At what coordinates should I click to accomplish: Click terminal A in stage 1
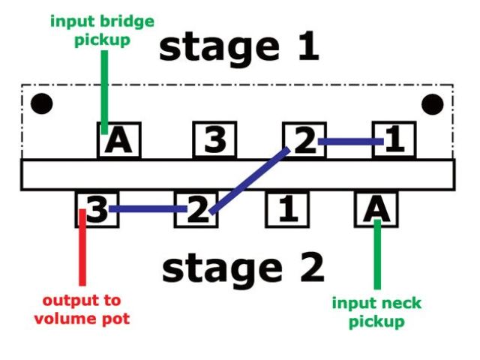tap(119, 140)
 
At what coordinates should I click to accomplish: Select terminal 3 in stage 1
tap(214, 140)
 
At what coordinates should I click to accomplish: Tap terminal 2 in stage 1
tap(304, 140)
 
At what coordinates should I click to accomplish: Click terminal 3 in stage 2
tap(97, 209)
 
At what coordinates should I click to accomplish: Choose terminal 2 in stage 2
tap(196, 209)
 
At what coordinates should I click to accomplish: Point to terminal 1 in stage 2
tap(287, 209)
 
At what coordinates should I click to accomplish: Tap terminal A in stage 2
tap(376, 209)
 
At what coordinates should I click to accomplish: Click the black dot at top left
tap(41, 103)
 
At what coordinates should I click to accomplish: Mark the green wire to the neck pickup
tap(377, 255)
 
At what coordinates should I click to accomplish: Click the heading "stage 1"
tap(239, 46)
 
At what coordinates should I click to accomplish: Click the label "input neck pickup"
tap(376, 312)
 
